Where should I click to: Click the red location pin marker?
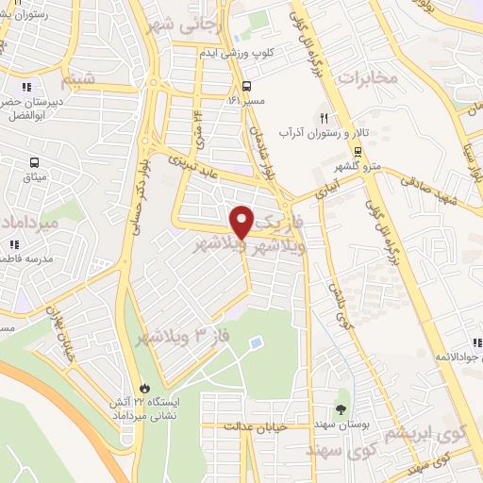pyautogui.click(x=242, y=221)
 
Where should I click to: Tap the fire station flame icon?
pyautogui.click(x=144, y=387)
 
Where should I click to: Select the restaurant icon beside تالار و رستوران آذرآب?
pyautogui.click(x=324, y=118)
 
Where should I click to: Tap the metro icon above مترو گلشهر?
pyautogui.click(x=358, y=151)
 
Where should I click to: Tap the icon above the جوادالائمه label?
pyautogui.click(x=476, y=342)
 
